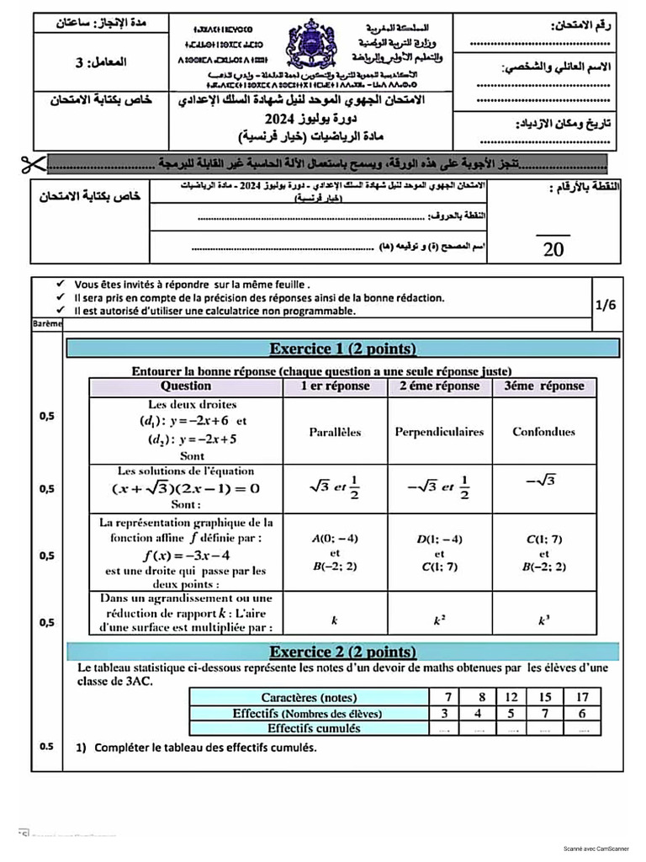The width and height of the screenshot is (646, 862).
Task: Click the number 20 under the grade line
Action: tap(553, 249)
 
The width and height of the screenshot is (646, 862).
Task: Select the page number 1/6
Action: tap(605, 306)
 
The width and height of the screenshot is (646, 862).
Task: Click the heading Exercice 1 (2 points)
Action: tap(342, 349)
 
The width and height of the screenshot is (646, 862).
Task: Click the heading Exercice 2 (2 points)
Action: tap(342, 652)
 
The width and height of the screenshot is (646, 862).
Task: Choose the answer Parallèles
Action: tap(335, 432)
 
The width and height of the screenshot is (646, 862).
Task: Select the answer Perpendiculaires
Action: tap(439, 432)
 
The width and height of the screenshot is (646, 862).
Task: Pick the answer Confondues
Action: tap(543, 432)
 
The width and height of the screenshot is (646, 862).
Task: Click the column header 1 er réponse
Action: tap(335, 386)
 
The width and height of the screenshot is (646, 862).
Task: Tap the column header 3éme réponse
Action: tap(543, 386)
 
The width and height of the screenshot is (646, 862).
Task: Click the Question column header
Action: tap(186, 386)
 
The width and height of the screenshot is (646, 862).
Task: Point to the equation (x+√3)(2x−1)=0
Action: tap(186, 488)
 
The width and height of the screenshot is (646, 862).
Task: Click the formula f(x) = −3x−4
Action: tap(186, 555)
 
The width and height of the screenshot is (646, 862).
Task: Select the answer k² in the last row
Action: tap(439, 620)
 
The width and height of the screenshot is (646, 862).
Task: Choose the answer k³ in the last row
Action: tap(543, 620)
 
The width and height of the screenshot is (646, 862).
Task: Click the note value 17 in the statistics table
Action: tap(580, 697)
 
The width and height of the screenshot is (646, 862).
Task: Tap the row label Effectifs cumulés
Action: tap(307, 728)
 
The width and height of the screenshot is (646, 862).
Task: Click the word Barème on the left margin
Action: tap(47, 323)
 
